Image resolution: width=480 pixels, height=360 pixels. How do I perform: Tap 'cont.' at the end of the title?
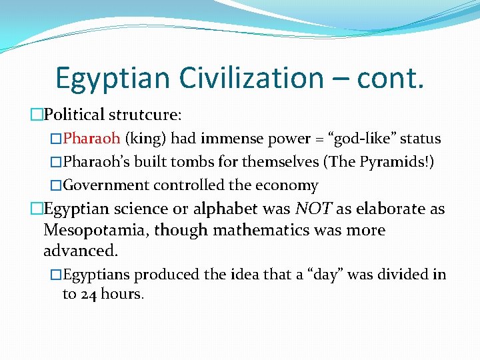click(390, 78)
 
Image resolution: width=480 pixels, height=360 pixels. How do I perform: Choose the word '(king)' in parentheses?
click(145, 139)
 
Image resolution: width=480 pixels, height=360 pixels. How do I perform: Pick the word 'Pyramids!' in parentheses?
click(396, 162)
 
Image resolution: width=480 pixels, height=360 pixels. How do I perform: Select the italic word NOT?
click(313, 209)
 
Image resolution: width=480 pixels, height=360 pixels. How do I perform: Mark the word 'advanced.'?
click(80, 251)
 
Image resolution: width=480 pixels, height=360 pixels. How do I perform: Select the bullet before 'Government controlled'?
click(56, 185)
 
